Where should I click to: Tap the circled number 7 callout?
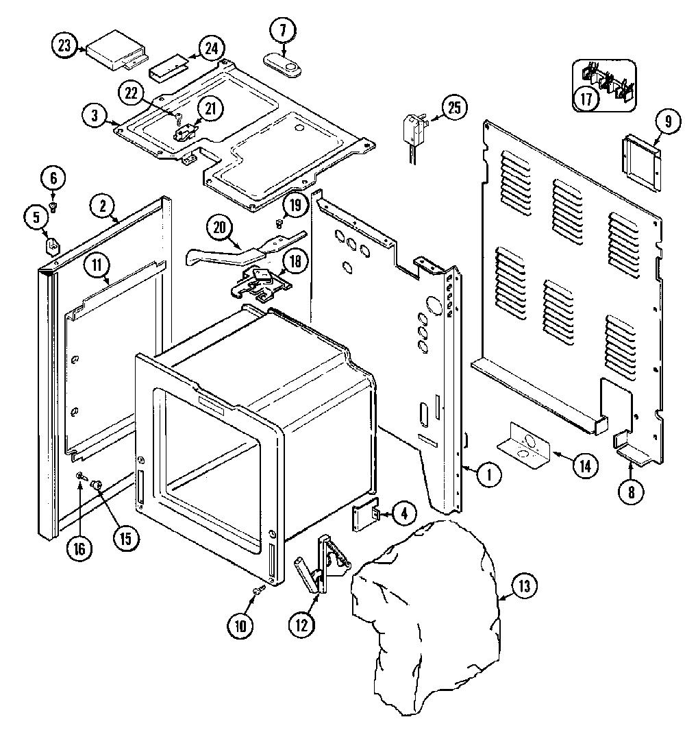click(x=282, y=31)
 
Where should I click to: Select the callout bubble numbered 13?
click(x=524, y=585)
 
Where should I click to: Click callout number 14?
click(x=586, y=465)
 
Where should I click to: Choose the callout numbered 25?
click(x=454, y=108)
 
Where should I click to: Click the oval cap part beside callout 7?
click(x=282, y=64)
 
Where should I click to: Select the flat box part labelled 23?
click(x=116, y=51)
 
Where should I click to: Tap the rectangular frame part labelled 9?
click(x=641, y=164)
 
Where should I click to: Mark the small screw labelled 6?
click(x=53, y=207)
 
